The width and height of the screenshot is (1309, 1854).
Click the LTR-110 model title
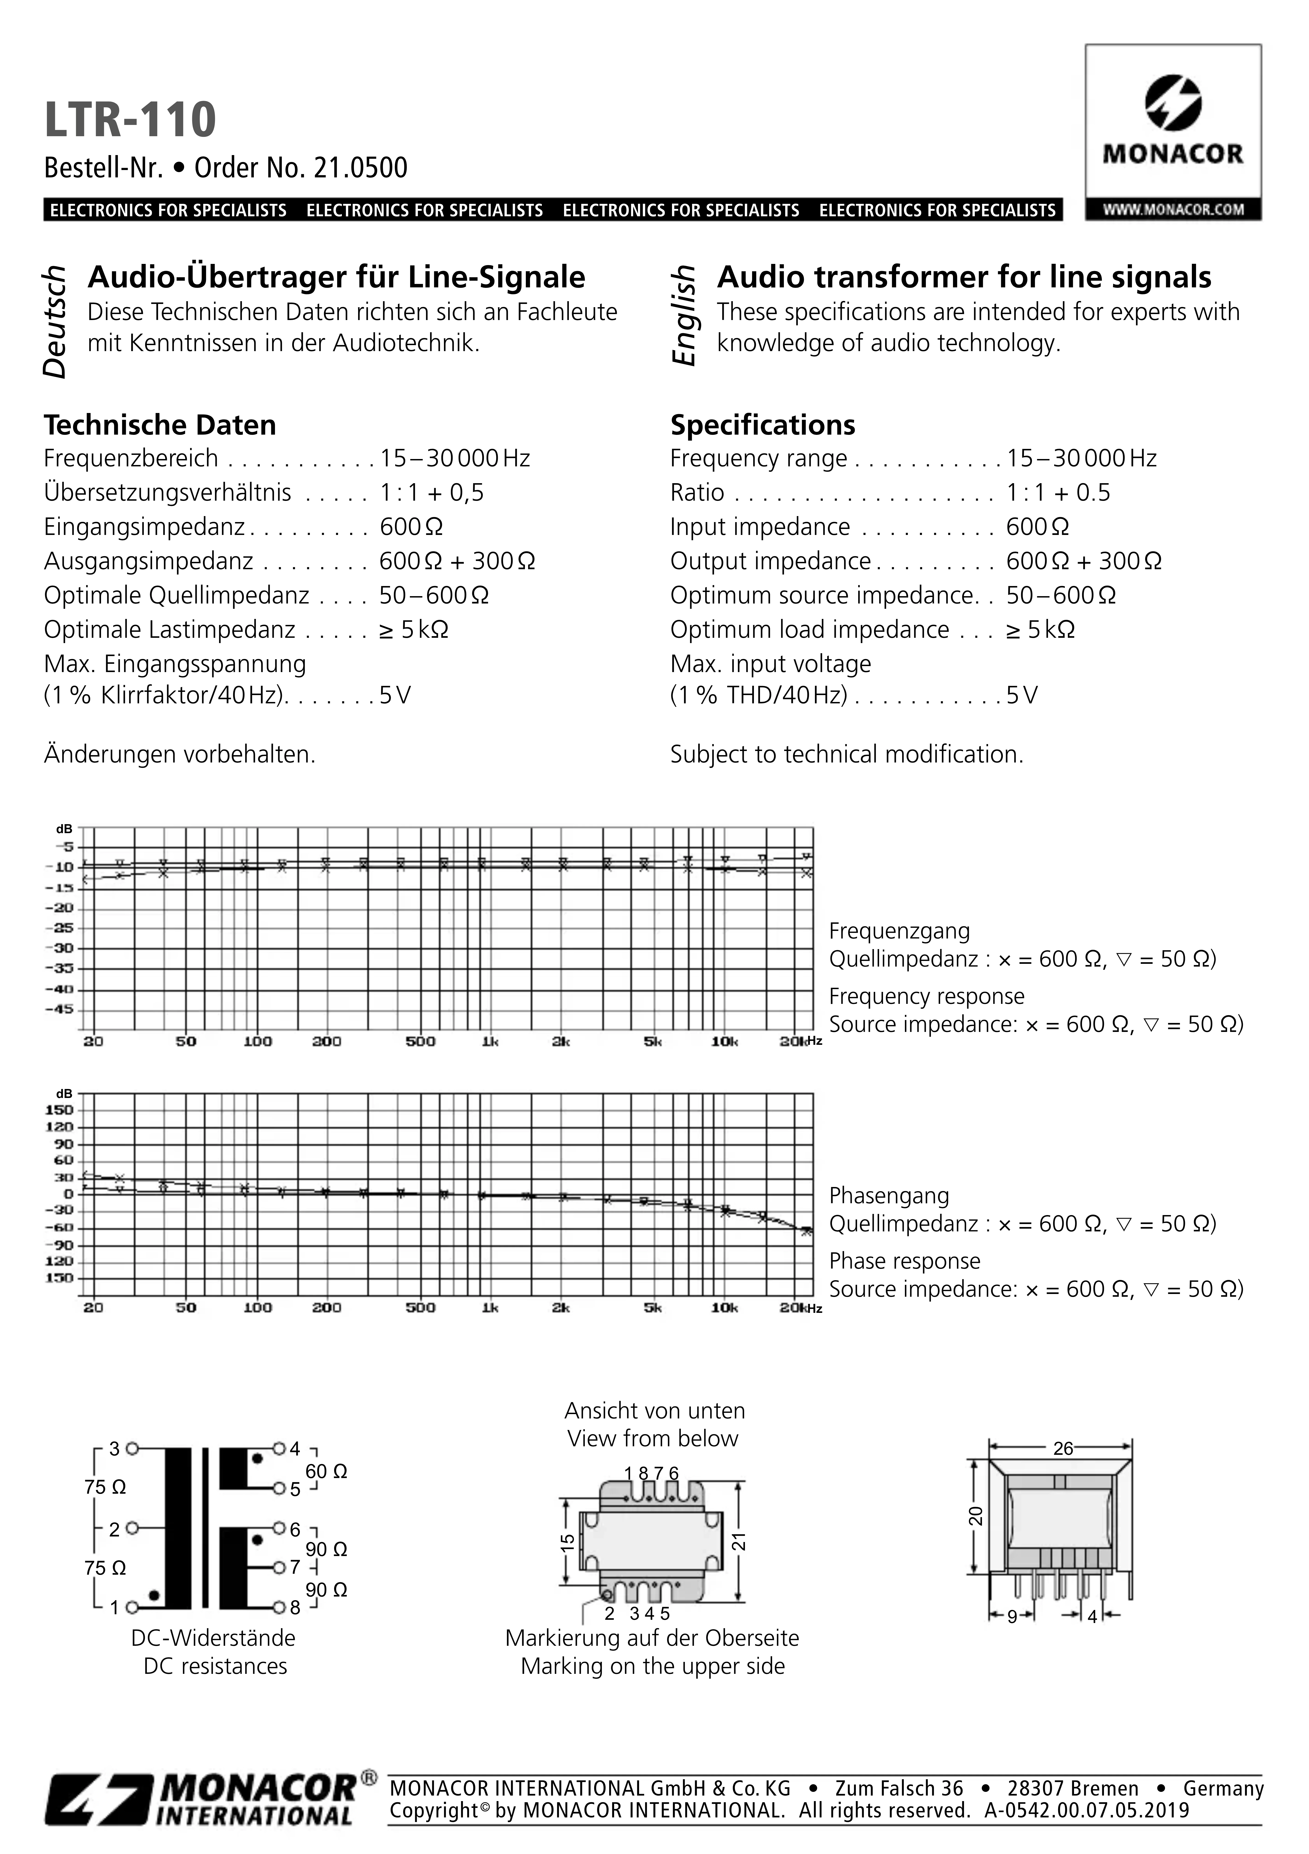(130, 120)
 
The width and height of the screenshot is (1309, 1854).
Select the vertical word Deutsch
(55, 321)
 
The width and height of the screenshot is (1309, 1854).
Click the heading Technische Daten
(160, 425)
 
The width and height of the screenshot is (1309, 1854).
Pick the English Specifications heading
(762, 425)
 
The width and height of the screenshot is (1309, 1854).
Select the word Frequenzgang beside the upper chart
(899, 931)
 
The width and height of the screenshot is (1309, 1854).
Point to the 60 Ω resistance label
(326, 1471)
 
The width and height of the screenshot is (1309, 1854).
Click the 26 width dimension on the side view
(1063, 1449)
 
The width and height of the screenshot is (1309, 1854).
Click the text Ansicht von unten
(654, 1411)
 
